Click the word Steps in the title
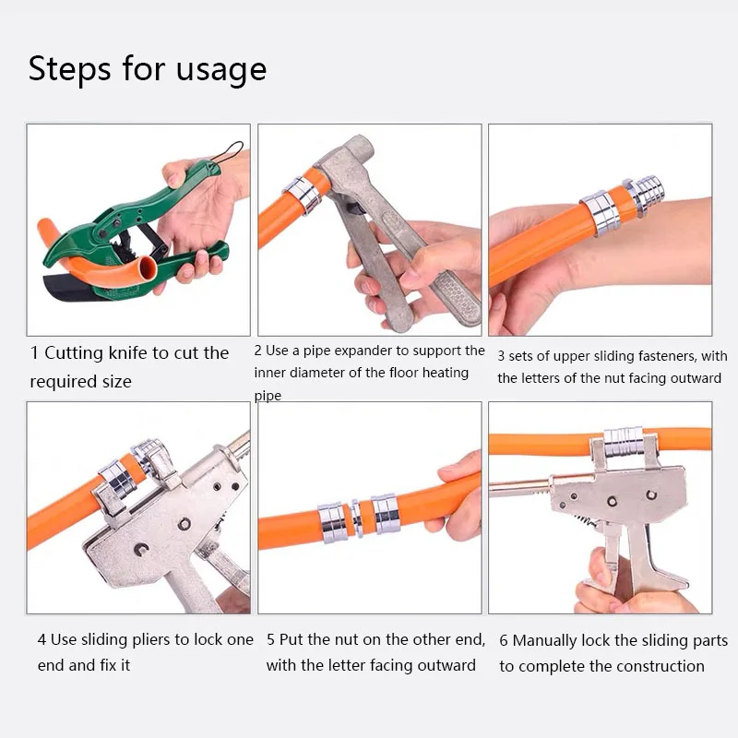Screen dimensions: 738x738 coord(70,68)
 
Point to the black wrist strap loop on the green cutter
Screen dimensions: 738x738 coord(228,152)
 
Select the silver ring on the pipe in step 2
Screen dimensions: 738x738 coord(303,194)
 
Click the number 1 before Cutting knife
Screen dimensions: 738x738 coord(34,353)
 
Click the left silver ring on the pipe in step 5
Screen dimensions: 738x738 coord(332,522)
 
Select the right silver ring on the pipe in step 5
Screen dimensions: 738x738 coord(386,514)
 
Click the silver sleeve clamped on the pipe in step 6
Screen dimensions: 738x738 coord(623,442)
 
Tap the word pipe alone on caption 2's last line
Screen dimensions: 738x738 coord(268,396)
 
